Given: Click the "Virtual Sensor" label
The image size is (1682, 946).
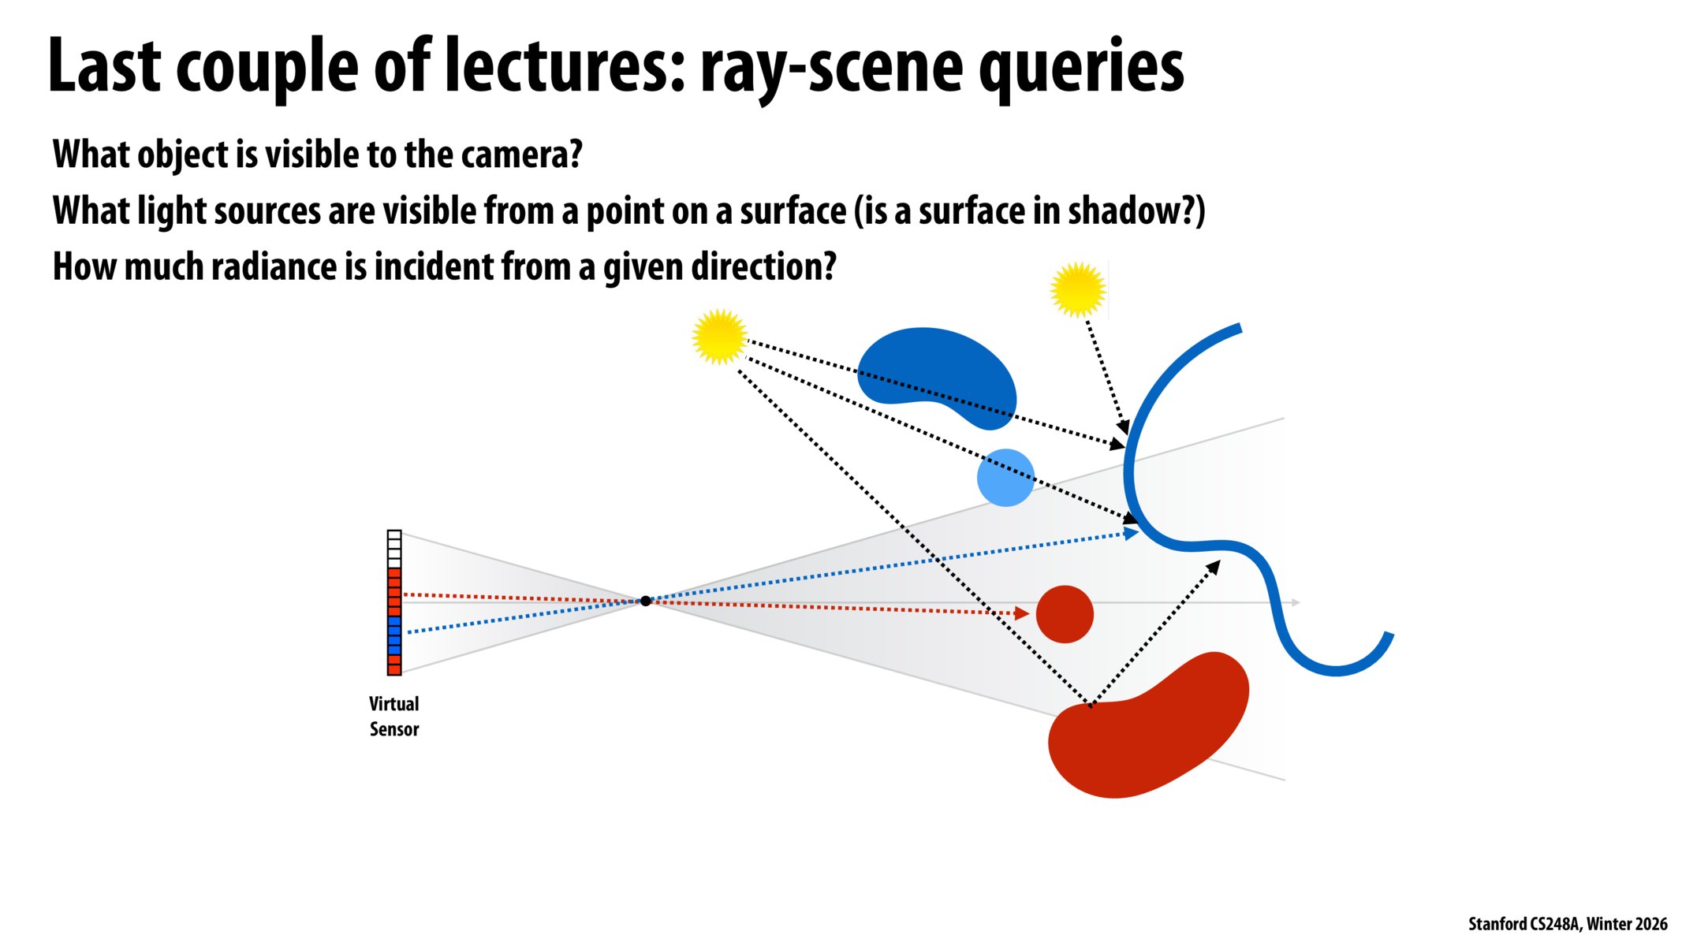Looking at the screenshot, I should tap(394, 716).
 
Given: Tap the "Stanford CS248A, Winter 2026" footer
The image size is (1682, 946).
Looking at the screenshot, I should tap(1567, 924).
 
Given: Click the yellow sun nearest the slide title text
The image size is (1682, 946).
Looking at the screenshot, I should tap(719, 337).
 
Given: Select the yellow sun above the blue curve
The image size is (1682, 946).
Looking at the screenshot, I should tap(1078, 289).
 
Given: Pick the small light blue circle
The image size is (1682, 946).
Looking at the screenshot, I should tap(1005, 477).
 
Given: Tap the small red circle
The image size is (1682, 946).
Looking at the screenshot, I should tap(1065, 614).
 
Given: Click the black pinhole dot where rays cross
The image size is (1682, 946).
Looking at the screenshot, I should tap(646, 601).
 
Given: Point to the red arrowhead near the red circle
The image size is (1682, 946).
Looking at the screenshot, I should tap(1022, 613).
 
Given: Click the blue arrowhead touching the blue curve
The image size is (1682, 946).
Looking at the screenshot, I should tap(1132, 534).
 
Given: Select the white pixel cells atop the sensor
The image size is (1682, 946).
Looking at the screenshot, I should tap(394, 548).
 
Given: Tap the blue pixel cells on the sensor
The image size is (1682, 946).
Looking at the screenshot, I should tap(394, 635).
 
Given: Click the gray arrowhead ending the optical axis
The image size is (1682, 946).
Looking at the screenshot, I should tap(1295, 603).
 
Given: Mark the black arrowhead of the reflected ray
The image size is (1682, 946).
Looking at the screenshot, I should tap(1214, 566).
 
